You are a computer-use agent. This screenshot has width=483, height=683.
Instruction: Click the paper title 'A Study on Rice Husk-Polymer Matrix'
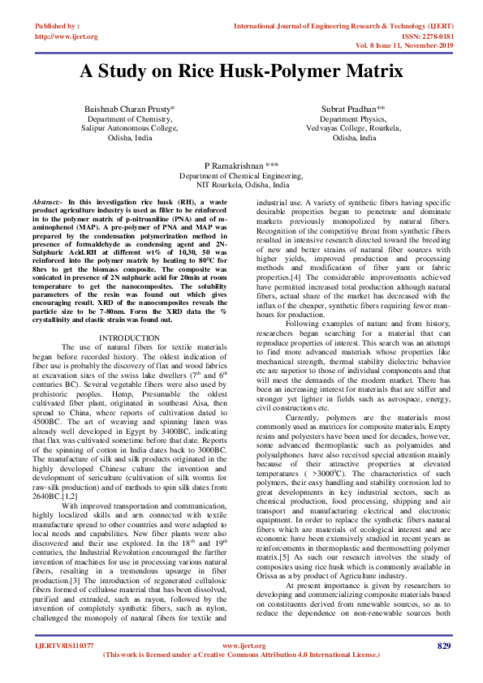(x=241, y=71)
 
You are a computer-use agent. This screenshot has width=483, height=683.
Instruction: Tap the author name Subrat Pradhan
(x=347, y=108)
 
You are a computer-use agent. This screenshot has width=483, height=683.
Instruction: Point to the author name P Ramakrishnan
(x=241, y=165)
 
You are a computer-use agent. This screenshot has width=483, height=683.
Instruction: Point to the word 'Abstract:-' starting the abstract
(x=47, y=200)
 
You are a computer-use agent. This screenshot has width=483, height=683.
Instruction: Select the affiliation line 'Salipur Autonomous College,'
(x=132, y=128)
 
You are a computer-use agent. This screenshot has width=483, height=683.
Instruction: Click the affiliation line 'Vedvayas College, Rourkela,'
(x=347, y=128)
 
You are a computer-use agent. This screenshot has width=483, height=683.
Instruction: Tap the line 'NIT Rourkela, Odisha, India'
(x=241, y=185)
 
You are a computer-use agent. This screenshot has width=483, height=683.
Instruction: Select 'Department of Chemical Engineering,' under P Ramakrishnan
(x=241, y=175)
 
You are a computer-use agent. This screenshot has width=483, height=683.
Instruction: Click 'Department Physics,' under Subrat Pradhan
(x=347, y=118)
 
